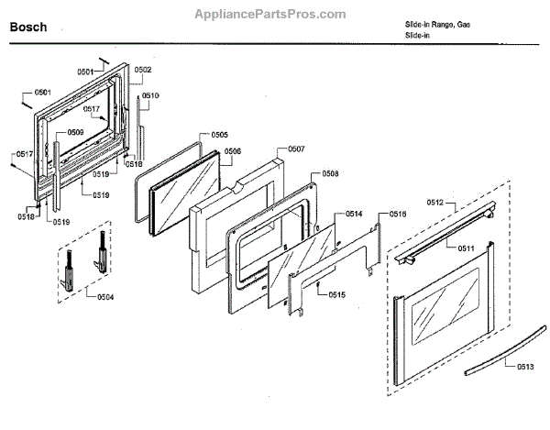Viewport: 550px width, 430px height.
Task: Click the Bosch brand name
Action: click(28, 27)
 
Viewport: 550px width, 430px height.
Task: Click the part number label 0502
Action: click(143, 70)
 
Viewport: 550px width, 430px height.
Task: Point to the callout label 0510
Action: click(150, 95)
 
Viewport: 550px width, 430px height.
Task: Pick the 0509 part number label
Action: click(75, 133)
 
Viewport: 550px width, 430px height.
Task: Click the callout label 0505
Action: click(220, 135)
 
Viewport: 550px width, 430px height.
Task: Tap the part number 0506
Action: click(233, 151)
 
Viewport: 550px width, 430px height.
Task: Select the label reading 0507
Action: click(296, 149)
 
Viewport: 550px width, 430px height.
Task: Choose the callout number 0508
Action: click(330, 173)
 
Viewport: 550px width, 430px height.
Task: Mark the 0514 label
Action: click(354, 214)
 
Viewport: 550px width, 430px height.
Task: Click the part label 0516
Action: click(398, 214)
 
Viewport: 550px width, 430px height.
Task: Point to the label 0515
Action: click(337, 294)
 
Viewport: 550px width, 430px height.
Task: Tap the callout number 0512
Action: click(435, 202)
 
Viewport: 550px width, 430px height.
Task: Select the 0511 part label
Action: click(467, 248)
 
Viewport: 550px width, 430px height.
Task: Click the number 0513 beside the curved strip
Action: click(524, 367)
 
